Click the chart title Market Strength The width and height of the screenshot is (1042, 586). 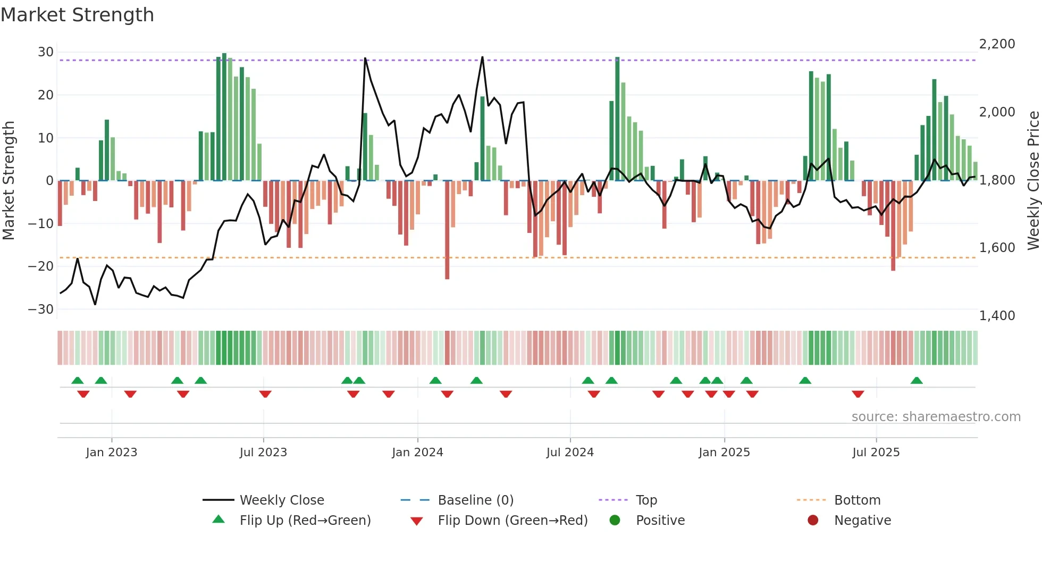click(77, 15)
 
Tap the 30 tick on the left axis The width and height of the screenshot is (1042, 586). click(46, 52)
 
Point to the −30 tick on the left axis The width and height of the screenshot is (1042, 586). click(41, 309)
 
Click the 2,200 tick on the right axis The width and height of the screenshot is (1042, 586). click(997, 44)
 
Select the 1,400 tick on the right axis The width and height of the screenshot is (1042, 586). click(997, 316)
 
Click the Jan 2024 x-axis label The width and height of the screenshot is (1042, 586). click(417, 453)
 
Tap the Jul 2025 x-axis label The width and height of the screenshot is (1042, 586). click(876, 453)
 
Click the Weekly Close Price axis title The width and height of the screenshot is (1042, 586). click(1033, 181)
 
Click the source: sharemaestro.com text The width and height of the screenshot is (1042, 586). click(936, 417)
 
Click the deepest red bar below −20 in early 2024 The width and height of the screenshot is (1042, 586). click(447, 255)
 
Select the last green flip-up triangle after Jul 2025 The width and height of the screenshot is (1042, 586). click(917, 381)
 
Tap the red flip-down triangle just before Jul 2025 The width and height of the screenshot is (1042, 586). click(858, 394)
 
